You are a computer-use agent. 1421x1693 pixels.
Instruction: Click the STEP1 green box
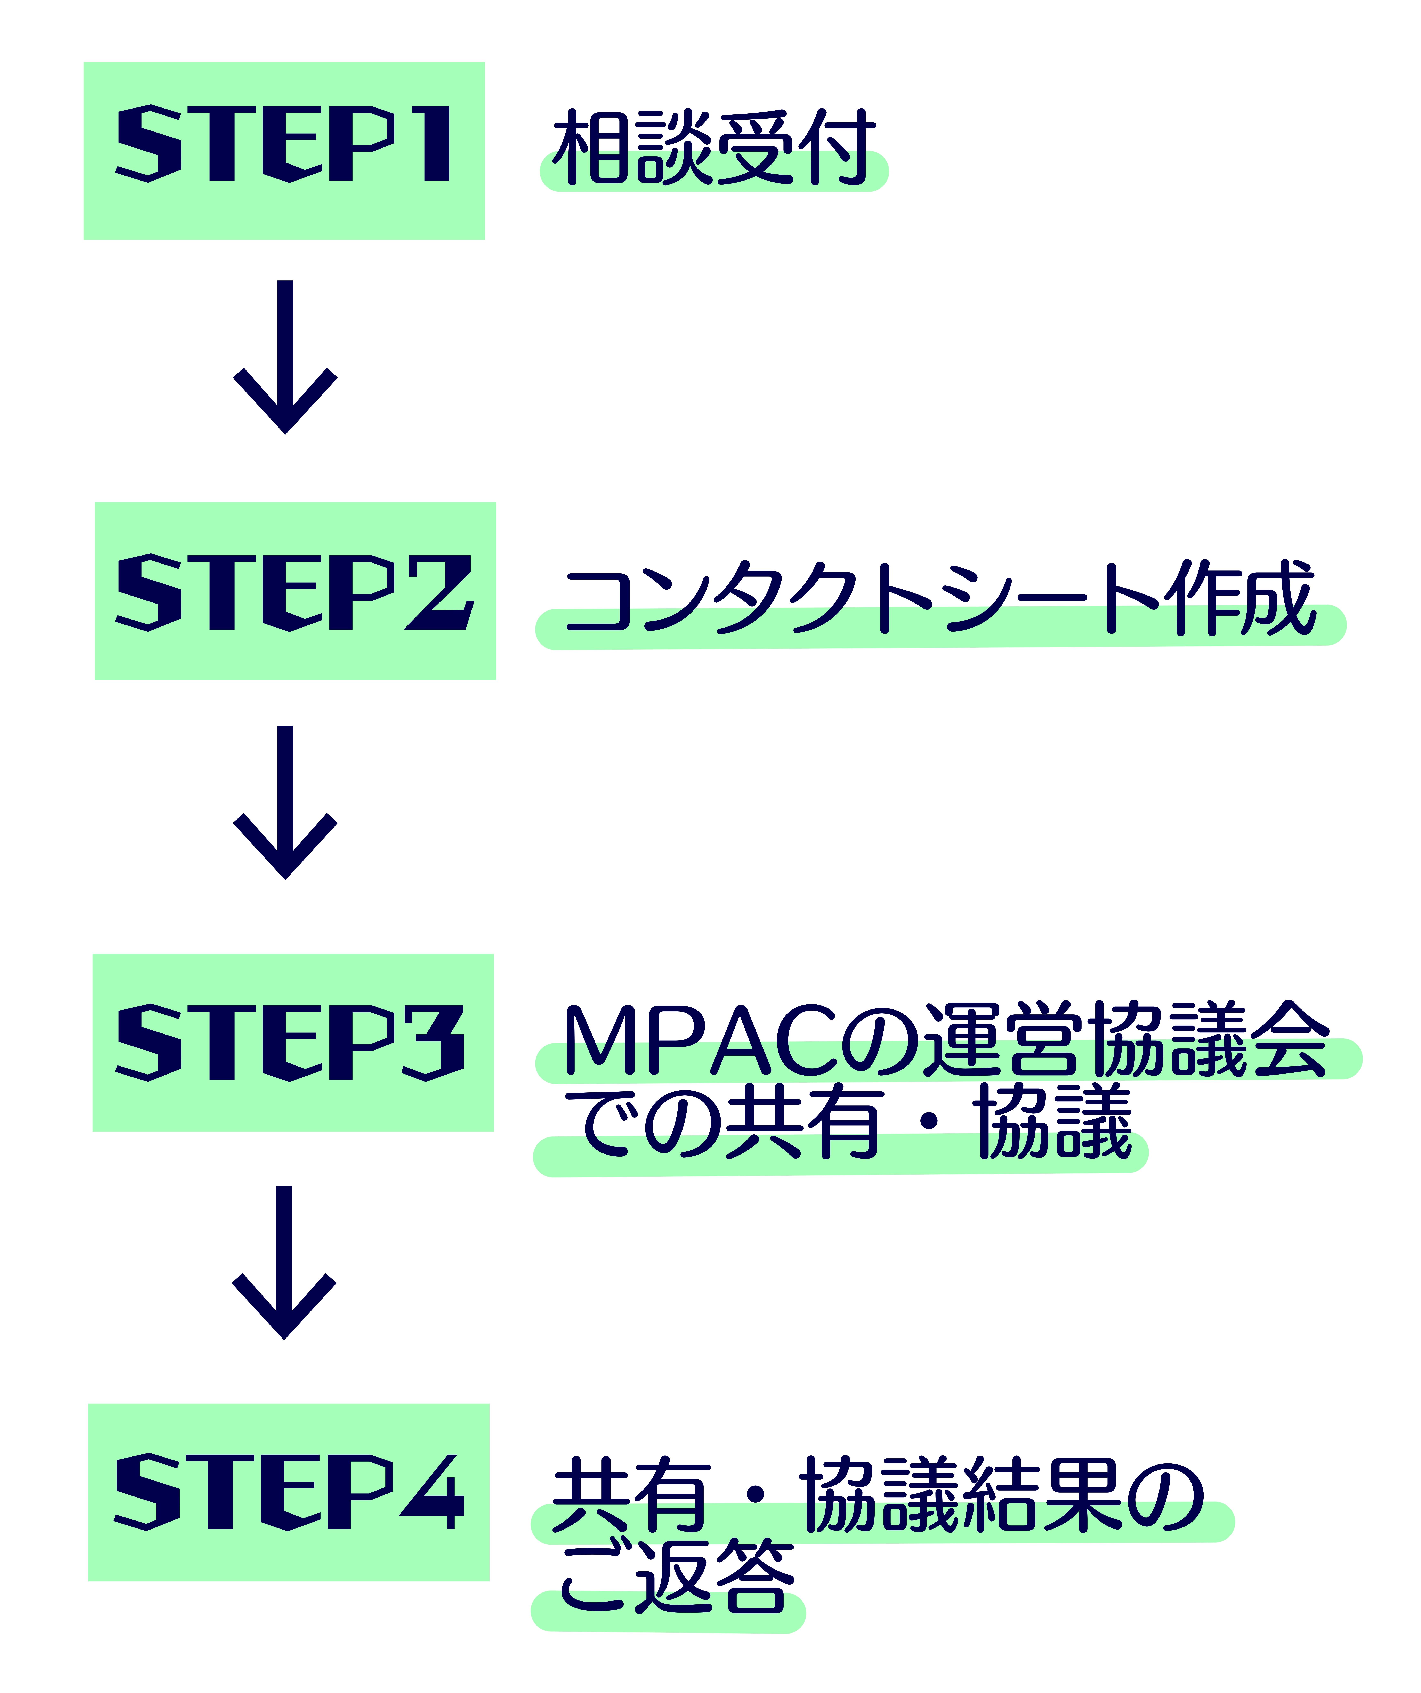(x=284, y=151)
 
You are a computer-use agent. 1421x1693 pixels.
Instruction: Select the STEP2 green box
(x=296, y=591)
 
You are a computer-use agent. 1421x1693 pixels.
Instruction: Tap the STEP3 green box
(x=293, y=1042)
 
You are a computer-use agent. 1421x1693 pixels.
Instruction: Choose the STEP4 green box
(x=289, y=1492)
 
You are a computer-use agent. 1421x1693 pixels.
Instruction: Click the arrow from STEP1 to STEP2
(x=285, y=357)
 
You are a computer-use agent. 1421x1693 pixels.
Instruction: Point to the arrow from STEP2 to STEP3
(x=285, y=802)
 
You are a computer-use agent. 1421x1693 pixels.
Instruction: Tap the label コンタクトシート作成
(x=941, y=597)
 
